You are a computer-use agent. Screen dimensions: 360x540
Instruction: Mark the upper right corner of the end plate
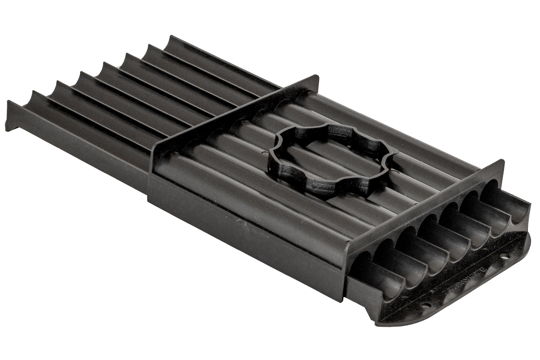pos(502,162)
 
